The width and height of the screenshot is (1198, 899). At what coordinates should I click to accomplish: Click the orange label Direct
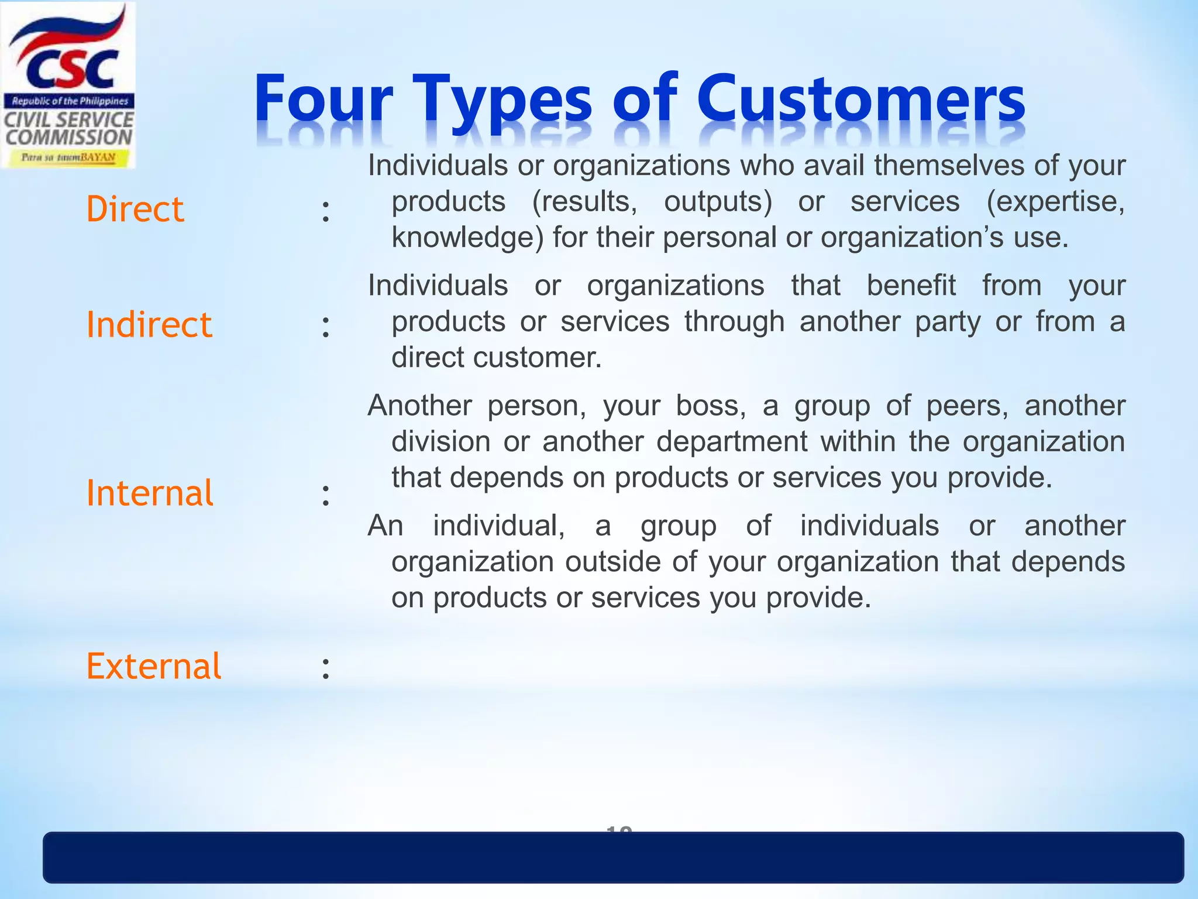135,209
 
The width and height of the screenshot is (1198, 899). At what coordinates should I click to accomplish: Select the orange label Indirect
149,324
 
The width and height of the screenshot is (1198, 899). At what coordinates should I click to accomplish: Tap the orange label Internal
150,493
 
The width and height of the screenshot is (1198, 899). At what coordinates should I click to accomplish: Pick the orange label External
154,666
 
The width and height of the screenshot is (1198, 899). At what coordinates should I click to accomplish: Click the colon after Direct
326,211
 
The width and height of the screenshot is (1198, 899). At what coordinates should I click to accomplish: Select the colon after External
326,668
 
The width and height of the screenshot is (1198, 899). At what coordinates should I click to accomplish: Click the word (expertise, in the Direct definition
1055,202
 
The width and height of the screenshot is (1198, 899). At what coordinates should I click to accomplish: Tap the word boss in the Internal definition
710,406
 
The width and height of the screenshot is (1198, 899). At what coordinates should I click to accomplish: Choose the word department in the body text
731,441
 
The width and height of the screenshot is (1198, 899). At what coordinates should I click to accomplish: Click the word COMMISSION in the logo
69,138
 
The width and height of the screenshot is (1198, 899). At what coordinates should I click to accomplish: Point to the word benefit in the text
911,286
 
